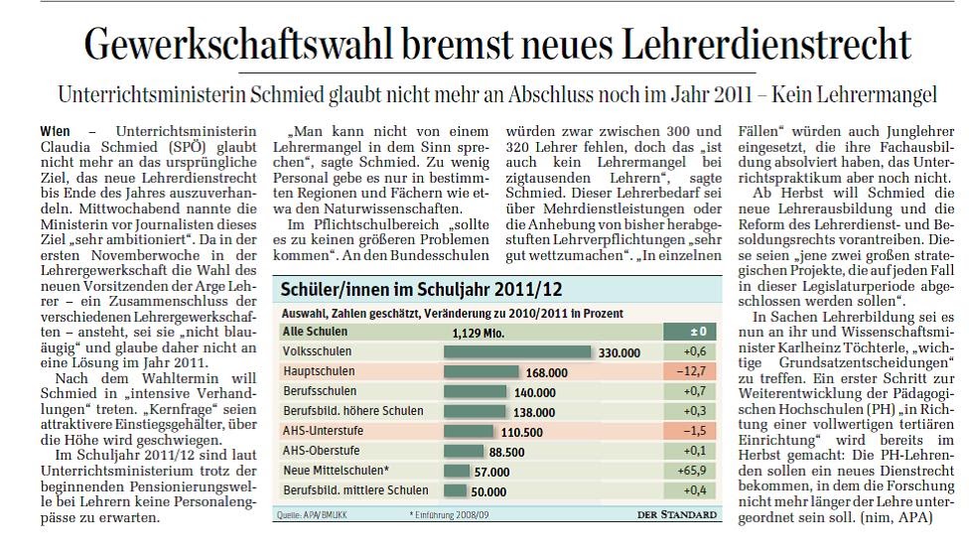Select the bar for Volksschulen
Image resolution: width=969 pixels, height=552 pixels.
[516, 351]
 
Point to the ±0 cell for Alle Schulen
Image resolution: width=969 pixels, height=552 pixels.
[699, 333]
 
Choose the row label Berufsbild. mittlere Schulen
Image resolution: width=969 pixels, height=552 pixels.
[355, 489]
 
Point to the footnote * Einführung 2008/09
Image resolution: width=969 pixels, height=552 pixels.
[447, 514]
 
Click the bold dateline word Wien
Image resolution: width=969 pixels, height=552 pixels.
[56, 131]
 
